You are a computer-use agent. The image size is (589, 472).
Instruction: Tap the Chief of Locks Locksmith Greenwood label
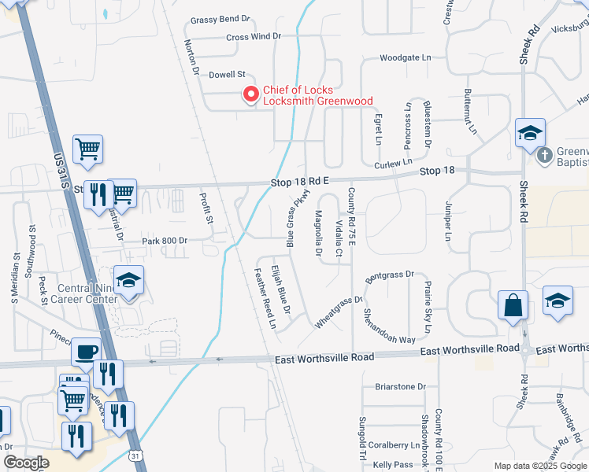click(317, 95)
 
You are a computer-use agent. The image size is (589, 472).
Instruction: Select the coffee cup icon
click(86, 351)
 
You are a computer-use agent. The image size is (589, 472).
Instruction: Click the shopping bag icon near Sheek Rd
click(513, 304)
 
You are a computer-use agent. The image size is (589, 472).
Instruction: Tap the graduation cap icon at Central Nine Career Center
click(128, 279)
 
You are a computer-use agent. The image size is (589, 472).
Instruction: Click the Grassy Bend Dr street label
click(220, 20)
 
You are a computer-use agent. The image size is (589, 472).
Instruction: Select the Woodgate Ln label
click(406, 57)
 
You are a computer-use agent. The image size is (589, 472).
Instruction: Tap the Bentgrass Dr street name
click(390, 275)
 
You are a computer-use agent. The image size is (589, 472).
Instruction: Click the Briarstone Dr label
click(400, 386)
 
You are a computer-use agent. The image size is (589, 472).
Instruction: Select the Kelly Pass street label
click(393, 465)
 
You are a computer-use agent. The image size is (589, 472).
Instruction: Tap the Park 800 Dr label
click(165, 241)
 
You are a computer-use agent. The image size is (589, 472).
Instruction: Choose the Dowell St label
click(228, 75)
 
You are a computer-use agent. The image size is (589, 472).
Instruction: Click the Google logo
click(26, 463)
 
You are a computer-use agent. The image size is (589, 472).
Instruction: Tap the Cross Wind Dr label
click(254, 37)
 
